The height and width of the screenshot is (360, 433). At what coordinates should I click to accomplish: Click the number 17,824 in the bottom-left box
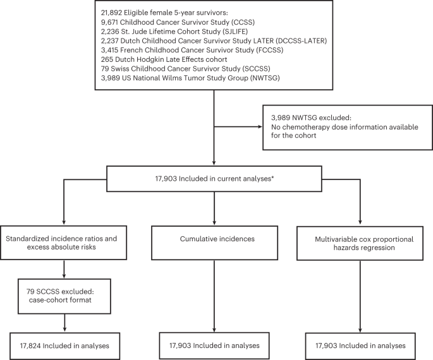pyautogui.click(x=32, y=346)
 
